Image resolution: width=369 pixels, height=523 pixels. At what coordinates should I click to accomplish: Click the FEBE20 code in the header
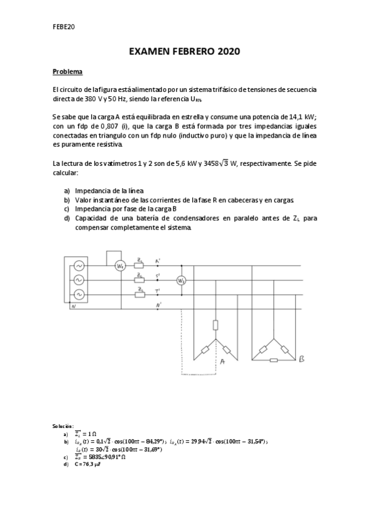pos(63,28)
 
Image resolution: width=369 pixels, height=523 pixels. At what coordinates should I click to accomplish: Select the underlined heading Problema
pos(67,72)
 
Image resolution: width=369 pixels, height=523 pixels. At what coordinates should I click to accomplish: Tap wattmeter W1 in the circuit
pos(120,266)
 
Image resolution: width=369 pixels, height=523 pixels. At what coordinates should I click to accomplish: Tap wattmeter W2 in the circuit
pos(181,280)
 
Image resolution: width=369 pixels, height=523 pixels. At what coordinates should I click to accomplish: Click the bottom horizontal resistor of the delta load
pos(274,360)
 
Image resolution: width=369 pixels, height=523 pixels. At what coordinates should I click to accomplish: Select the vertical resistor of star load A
pos(215,325)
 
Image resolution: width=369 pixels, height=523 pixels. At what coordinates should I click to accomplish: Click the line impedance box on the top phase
pos(140,266)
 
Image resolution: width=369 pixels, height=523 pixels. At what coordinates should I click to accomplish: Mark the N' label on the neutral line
pos(159,305)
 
